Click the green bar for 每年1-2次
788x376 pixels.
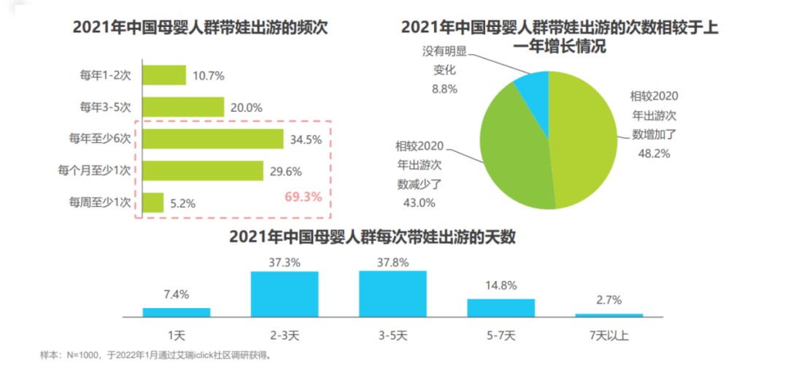coord(164,75)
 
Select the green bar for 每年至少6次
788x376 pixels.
coord(212,139)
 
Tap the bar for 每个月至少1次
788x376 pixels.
coord(202,171)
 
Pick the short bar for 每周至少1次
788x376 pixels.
coord(152,203)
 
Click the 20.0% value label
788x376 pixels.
coord(246,107)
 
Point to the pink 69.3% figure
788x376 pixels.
coord(302,197)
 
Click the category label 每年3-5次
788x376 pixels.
coord(105,107)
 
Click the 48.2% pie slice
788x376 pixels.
coord(584,139)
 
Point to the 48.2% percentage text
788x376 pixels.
coord(654,153)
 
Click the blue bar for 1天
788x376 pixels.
coord(177,312)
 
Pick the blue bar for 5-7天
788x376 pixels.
coord(501,307)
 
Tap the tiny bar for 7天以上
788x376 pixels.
coord(609,315)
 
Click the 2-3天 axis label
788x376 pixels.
coord(285,335)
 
